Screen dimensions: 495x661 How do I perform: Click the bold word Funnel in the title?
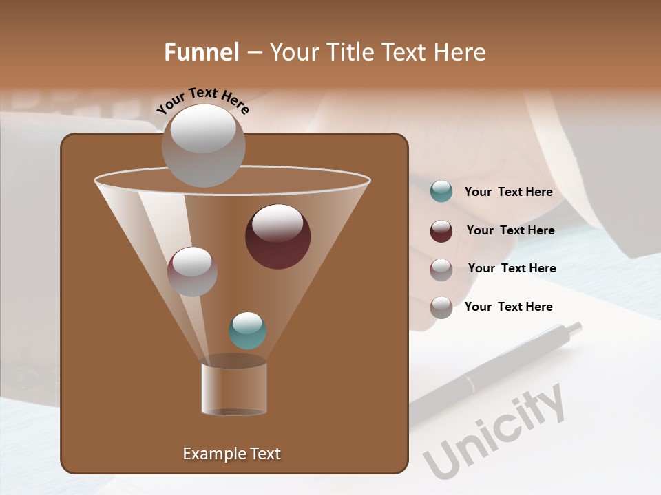point(202,52)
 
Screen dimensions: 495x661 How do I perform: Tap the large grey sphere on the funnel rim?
point(204,145)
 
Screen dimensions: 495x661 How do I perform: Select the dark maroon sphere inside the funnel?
point(278,236)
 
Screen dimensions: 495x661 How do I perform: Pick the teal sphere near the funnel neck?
point(248,331)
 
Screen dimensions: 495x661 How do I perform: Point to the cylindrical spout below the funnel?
point(234,388)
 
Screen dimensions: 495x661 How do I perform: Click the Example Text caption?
point(231,454)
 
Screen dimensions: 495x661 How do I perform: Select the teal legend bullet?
point(441,192)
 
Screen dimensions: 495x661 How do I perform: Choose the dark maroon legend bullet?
point(441,231)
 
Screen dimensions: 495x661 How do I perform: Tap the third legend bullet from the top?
point(441,269)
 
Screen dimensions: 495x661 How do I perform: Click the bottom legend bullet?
point(441,307)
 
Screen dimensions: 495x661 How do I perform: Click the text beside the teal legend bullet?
point(508,192)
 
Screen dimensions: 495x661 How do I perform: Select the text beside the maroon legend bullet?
point(510,231)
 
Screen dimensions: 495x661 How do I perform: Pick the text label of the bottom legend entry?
point(508,307)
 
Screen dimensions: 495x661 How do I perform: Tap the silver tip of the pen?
point(571,329)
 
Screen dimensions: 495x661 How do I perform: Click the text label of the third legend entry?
point(512,269)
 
